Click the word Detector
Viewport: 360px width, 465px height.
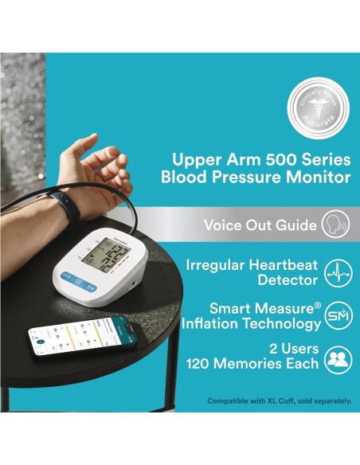click(x=289, y=279)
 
